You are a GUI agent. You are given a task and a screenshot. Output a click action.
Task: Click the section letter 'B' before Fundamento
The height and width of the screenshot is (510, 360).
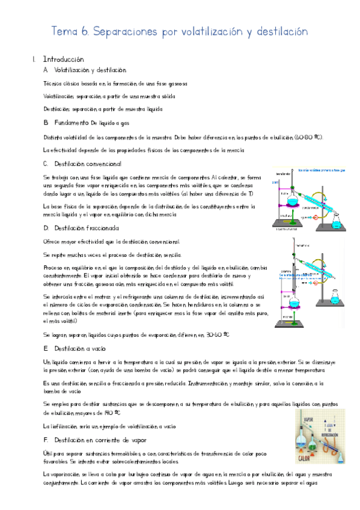pyautogui.click(x=46, y=123)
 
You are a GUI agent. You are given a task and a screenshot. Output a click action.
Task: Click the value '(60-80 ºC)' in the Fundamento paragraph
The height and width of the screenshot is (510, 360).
pyautogui.click(x=309, y=137)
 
